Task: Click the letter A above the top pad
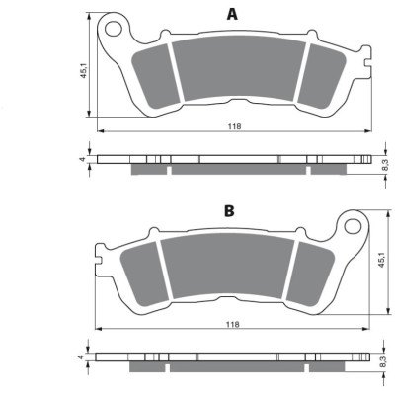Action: click(232, 14)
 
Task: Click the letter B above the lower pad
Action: click(229, 211)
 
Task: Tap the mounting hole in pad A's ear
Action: click(114, 28)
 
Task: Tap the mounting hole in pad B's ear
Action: click(353, 226)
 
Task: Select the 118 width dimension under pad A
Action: click(235, 126)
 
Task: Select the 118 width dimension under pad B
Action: click(233, 324)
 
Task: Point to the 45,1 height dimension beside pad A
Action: click(84, 70)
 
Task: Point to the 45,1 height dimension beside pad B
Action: click(381, 260)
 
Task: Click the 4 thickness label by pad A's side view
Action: click(83, 159)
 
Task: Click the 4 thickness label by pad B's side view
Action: click(81, 356)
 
